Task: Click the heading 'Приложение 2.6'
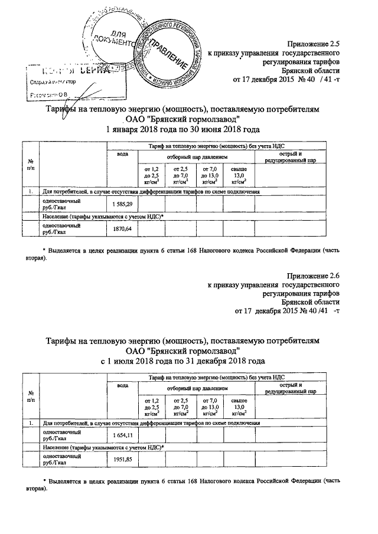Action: (x=313, y=276)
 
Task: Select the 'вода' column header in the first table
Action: (x=122, y=154)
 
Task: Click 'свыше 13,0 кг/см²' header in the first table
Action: (x=239, y=175)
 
